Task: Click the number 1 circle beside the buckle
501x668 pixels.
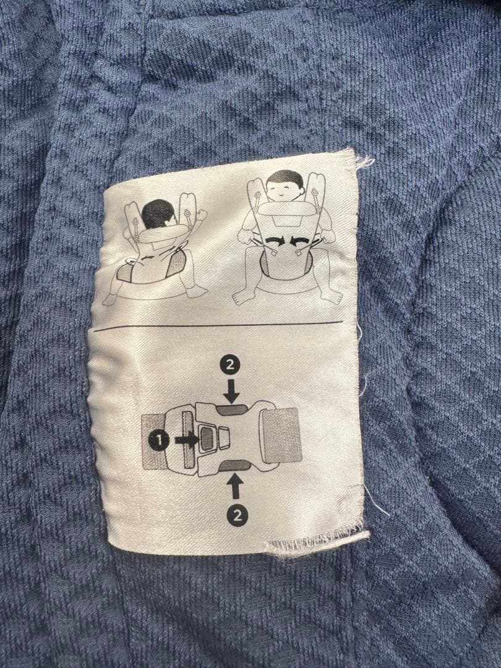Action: (158, 440)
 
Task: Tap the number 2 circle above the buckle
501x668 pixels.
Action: (230, 366)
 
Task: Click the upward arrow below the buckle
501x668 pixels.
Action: (236, 487)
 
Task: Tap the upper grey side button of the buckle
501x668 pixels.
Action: (231, 409)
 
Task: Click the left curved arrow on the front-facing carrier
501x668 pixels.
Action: (274, 242)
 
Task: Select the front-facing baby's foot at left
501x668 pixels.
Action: (243, 298)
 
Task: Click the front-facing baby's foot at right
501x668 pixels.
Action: (332, 296)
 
